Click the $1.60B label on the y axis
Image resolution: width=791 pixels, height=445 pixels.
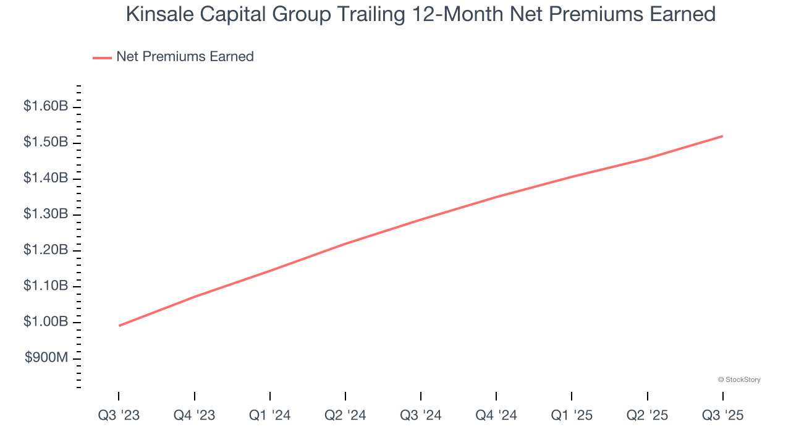[46, 106]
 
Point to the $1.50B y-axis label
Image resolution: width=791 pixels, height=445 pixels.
[46, 142]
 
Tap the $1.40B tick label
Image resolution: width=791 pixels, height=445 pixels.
[46, 178]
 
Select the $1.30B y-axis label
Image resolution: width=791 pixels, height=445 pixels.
[46, 214]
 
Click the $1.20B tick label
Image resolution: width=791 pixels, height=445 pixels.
[46, 250]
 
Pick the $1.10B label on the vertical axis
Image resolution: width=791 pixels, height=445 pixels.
[46, 286]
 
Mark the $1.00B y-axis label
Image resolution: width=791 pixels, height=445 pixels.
[46, 322]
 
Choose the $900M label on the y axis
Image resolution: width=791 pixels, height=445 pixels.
[46, 358]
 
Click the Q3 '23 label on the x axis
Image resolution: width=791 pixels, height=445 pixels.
[119, 415]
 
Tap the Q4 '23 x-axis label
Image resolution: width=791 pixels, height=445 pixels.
[194, 415]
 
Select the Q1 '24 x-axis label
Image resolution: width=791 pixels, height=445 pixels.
[269, 415]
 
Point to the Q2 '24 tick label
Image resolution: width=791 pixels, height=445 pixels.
[345, 415]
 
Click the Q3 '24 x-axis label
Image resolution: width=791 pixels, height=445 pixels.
[420, 415]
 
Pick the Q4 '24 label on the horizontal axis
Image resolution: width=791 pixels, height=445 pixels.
[496, 415]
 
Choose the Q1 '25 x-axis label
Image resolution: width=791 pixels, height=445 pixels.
[571, 415]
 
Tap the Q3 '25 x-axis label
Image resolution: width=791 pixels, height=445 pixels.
[722, 415]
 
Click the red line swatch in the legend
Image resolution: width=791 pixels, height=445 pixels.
[102, 57]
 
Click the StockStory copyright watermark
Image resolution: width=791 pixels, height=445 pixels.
[739, 379]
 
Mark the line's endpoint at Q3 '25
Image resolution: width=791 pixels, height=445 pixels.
[722, 136]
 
